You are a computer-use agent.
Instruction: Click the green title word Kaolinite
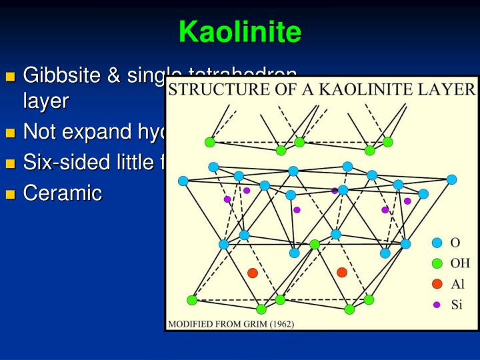pyautogui.click(x=240, y=31)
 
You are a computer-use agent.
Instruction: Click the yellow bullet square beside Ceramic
pyautogui.click(x=10, y=195)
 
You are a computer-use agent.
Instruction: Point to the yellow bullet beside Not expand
pyautogui.click(x=10, y=133)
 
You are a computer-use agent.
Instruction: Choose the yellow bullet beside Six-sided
pyautogui.click(x=10, y=164)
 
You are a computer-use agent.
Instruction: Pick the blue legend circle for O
pyautogui.click(x=437, y=243)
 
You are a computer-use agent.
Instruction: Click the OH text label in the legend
pyautogui.click(x=461, y=263)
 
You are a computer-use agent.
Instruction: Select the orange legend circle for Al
pyautogui.click(x=437, y=284)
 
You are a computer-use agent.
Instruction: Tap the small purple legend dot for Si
pyautogui.click(x=437, y=305)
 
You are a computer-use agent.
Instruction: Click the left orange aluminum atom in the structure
pyautogui.click(x=253, y=273)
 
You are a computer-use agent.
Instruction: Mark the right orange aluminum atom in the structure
pyautogui.click(x=342, y=272)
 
